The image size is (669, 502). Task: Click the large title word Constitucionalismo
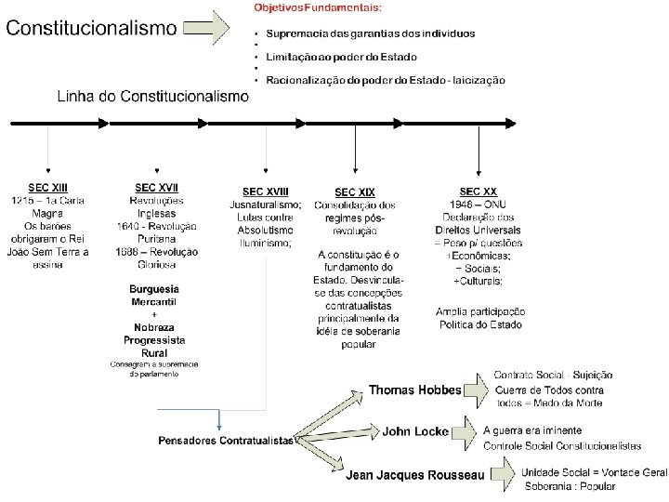[91, 28]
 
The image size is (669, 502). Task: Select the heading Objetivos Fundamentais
[317, 7]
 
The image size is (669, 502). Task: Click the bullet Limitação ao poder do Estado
[343, 57]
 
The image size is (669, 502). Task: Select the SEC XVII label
[157, 188]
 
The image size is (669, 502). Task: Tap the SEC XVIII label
[266, 192]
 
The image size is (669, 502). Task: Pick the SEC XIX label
[355, 192]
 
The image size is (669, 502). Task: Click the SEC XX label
[478, 192]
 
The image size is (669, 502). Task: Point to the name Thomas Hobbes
[414, 390]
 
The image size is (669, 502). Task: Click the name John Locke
[415, 431]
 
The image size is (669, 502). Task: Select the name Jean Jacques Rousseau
[415, 476]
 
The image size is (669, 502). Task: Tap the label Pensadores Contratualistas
[225, 440]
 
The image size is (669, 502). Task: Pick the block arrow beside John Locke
[466, 432]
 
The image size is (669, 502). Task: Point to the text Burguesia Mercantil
[153, 296]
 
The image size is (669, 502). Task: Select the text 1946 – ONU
[478, 205]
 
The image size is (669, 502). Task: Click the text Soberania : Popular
[571, 486]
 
